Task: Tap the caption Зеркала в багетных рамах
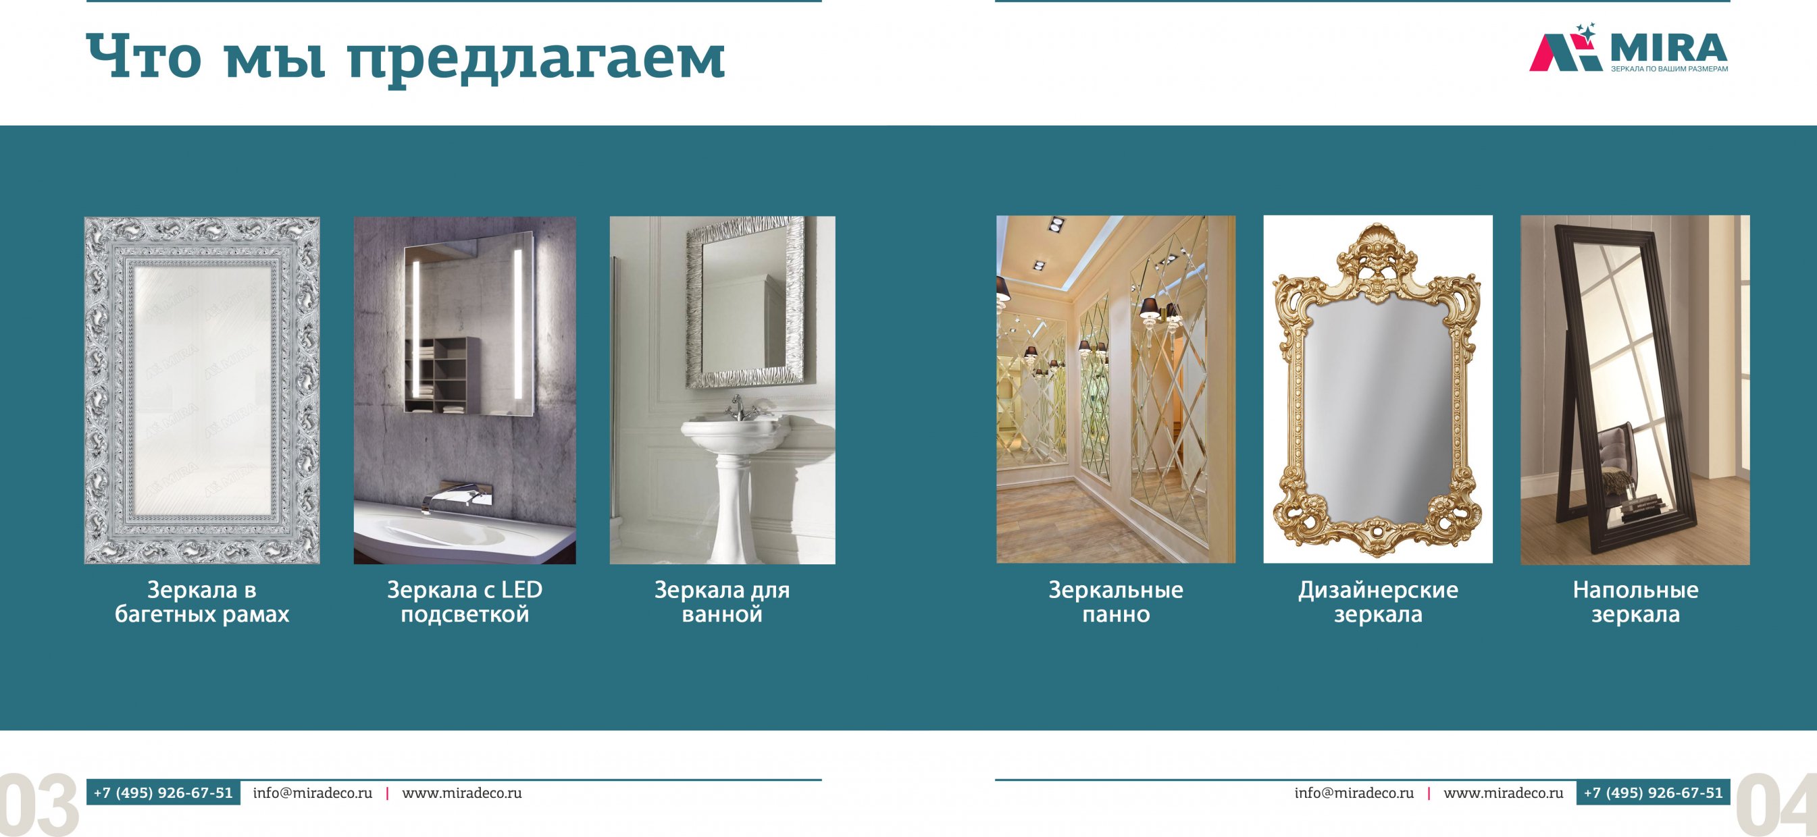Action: click(202, 601)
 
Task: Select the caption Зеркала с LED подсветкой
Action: click(465, 601)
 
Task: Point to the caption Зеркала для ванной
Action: click(722, 601)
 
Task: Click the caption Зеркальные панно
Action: click(1116, 601)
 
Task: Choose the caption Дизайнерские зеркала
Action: click(1378, 601)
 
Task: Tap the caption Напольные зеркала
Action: click(1636, 601)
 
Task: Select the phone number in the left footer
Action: click(163, 792)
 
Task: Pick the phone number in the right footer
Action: click(1654, 792)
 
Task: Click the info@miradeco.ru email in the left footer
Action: click(313, 792)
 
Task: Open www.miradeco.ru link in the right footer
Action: click(1504, 792)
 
